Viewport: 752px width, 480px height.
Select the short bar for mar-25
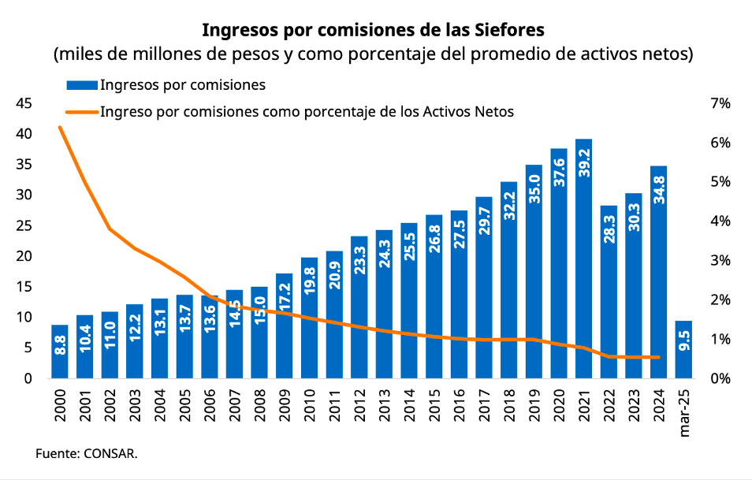pyautogui.click(x=684, y=349)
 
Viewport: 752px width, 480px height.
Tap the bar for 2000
pyautogui.click(x=61, y=352)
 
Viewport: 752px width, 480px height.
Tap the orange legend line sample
pyautogui.click(x=82, y=112)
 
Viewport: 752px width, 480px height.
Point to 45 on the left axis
pyautogui.click(x=24, y=103)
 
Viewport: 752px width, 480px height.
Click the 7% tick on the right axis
pyautogui.click(x=720, y=103)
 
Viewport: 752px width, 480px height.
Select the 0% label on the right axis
pyautogui.click(x=720, y=378)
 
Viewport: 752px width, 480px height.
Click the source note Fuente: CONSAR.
pyautogui.click(x=86, y=454)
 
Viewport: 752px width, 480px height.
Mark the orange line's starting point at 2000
pyautogui.click(x=60, y=127)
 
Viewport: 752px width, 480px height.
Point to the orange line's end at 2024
pyautogui.click(x=658, y=357)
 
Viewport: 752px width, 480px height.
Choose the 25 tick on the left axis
pyautogui.click(x=24, y=225)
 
